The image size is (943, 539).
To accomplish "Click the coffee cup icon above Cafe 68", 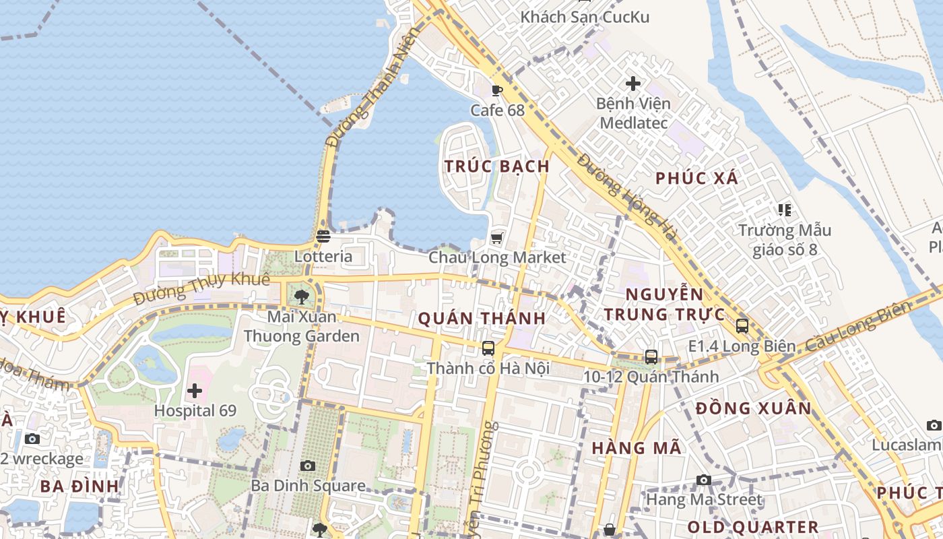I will [497, 90].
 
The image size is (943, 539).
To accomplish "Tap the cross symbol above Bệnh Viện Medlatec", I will [633, 84].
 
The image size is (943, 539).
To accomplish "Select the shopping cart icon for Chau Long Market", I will [497, 237].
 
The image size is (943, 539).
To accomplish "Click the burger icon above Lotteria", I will [323, 236].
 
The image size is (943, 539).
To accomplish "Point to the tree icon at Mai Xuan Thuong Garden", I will [301, 296].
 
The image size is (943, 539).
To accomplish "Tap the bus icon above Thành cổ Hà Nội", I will [488, 348].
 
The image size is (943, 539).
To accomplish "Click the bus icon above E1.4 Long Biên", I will [742, 326].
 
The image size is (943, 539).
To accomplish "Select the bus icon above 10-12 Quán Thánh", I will [651, 357].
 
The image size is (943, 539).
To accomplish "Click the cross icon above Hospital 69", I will [195, 390].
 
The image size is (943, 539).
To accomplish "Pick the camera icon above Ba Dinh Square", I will [308, 466].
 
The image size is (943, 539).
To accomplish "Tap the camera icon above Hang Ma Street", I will [704, 480].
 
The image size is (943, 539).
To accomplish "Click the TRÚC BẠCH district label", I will [497, 166].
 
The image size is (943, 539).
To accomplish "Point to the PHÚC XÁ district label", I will [697, 179].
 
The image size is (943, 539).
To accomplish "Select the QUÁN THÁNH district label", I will [482, 318].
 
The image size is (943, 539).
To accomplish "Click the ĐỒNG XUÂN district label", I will [754, 408].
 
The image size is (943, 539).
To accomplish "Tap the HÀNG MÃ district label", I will [637, 448].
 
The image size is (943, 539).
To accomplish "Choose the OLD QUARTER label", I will [753, 527].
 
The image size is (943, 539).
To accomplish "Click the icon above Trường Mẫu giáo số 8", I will [784, 210].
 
